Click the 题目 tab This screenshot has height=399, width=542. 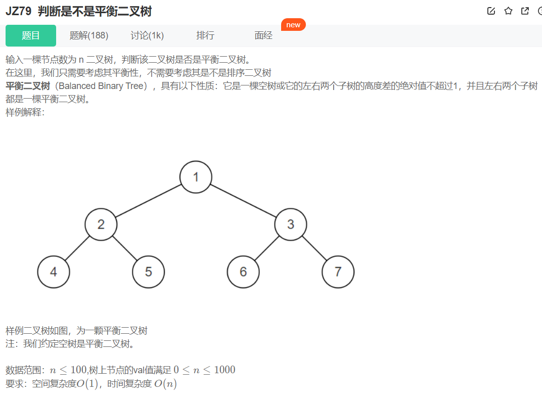[x=31, y=35]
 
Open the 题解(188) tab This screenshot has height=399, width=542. [x=89, y=35]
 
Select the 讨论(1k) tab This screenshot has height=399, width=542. [x=147, y=35]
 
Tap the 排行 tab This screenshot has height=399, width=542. [x=205, y=35]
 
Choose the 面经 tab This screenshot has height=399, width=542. [x=263, y=35]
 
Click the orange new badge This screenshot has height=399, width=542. [x=293, y=25]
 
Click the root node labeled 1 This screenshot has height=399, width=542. [x=196, y=176]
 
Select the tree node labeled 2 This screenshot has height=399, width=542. [x=101, y=224]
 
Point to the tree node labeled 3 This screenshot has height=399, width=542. [x=291, y=224]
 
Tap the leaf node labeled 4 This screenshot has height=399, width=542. [x=54, y=272]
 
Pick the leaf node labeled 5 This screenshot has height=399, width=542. [x=148, y=272]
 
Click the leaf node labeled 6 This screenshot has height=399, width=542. [x=243, y=272]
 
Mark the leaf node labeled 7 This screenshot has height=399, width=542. [x=338, y=272]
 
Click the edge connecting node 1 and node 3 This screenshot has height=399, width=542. [x=243, y=200]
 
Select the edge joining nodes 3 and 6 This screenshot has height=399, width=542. [x=267, y=248]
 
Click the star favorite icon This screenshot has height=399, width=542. [x=508, y=11]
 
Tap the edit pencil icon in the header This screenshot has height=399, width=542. [x=491, y=11]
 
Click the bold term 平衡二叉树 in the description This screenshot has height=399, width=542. [x=27, y=86]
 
